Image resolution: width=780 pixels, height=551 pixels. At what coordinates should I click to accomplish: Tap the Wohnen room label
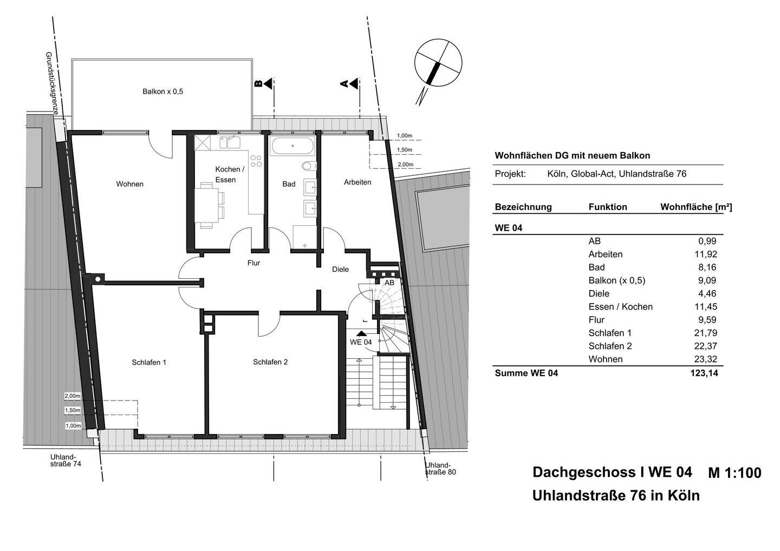click(130, 184)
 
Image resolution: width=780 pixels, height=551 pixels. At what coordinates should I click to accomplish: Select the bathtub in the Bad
click(292, 146)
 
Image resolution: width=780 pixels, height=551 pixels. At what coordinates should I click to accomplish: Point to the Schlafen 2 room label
click(270, 362)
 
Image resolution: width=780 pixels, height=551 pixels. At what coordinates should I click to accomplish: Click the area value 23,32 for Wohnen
click(706, 359)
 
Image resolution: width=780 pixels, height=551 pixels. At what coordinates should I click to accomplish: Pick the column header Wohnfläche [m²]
click(696, 207)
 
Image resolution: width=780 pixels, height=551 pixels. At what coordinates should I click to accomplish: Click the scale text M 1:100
click(734, 473)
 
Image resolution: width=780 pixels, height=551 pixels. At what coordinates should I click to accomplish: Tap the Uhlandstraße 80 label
click(439, 469)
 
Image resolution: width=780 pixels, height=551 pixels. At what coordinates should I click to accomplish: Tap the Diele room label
click(340, 269)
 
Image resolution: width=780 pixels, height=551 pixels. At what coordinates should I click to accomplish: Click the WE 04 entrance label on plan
click(361, 342)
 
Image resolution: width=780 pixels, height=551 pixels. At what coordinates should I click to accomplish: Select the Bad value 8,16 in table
click(708, 267)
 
